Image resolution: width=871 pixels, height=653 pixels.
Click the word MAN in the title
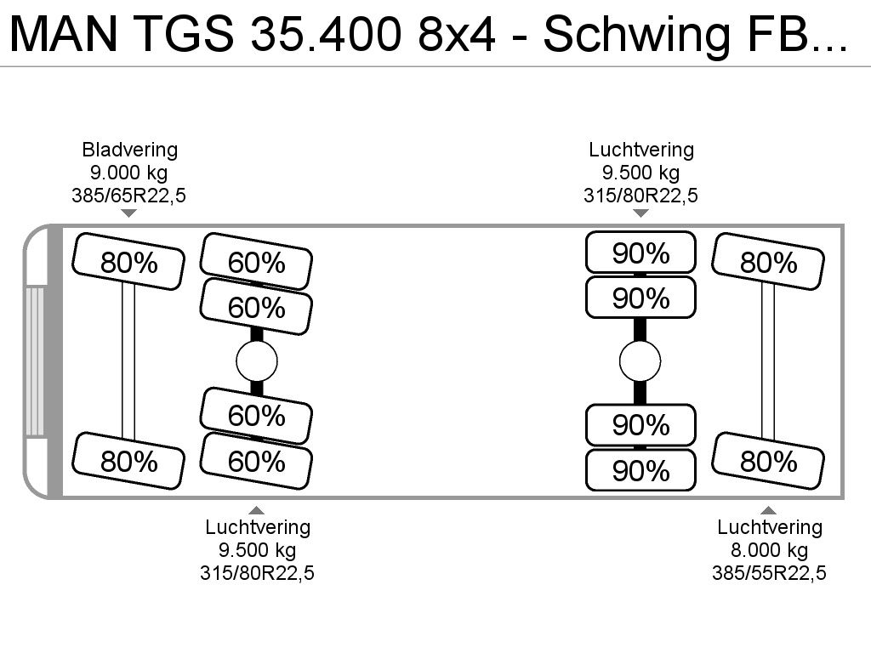pos(63,34)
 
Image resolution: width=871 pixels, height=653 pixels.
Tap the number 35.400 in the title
pos(326,34)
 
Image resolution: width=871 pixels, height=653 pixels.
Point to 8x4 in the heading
pos(457,34)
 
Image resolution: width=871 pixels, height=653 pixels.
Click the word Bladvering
pos(130,150)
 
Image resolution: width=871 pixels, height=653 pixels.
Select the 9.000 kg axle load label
pos(129,173)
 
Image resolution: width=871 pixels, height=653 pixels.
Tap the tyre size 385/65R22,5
pos(129,196)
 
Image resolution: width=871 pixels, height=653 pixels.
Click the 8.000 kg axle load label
pos(769,550)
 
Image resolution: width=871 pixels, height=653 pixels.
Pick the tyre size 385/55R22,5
pos(769,572)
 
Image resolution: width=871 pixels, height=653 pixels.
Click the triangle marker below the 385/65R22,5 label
pos(129,213)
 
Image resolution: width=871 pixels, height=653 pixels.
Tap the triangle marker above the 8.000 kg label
pos(769,510)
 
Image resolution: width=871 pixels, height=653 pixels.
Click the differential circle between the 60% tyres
pos(257,361)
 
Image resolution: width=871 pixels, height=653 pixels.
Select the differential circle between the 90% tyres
pos(640,361)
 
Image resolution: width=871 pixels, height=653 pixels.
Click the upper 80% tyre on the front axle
pos(128,262)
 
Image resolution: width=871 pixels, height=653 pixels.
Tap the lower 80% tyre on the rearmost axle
pos(768,461)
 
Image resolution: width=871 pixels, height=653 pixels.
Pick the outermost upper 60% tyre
pos(256,262)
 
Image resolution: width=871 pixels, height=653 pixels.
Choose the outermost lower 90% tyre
pos(640,470)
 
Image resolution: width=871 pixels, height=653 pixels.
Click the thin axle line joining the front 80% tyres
pos(128,361)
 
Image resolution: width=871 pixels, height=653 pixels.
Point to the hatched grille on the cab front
pos(34,361)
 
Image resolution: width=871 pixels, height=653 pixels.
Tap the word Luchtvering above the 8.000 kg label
pos(769,527)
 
